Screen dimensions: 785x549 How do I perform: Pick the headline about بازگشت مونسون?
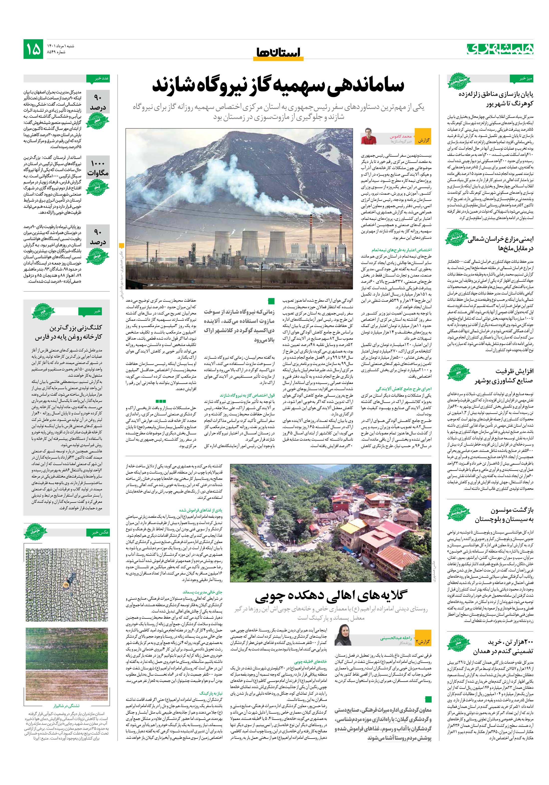pyautogui.click(x=504, y=515)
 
